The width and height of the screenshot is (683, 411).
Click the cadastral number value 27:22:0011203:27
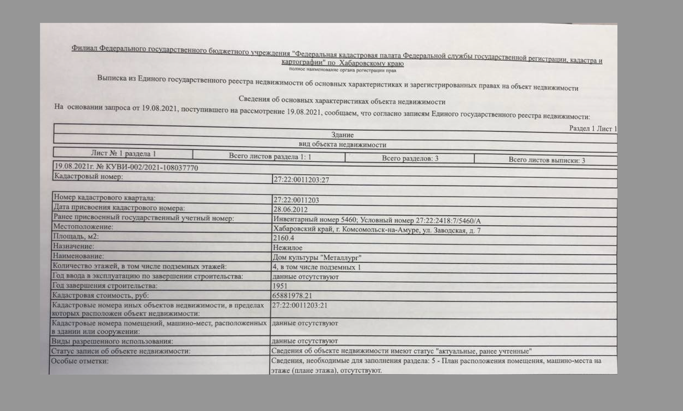tap(301, 180)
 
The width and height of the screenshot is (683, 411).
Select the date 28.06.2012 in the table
tap(290, 210)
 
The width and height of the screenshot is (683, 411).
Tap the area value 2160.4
tap(283, 238)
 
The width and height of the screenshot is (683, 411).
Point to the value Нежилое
tap(287, 248)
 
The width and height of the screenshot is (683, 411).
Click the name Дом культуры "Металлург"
tap(317, 257)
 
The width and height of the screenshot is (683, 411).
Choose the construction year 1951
tap(280, 286)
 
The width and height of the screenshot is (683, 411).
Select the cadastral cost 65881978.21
tap(292, 296)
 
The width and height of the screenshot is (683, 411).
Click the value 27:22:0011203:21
tap(300, 306)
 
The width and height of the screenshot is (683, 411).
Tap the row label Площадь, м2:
tap(76, 236)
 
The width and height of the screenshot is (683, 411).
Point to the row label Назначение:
tap(73, 246)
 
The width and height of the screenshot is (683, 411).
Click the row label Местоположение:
tap(83, 226)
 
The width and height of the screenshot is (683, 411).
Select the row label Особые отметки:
tap(80, 361)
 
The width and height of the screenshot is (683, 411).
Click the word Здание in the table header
tap(342, 135)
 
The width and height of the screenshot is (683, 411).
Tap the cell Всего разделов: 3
tap(410, 158)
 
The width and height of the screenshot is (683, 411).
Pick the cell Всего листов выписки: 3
tap(546, 160)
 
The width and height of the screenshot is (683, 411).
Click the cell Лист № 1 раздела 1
tap(123, 154)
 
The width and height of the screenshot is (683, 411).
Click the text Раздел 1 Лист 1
tap(593, 129)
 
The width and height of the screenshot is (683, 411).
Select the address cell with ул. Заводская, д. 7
tap(376, 230)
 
